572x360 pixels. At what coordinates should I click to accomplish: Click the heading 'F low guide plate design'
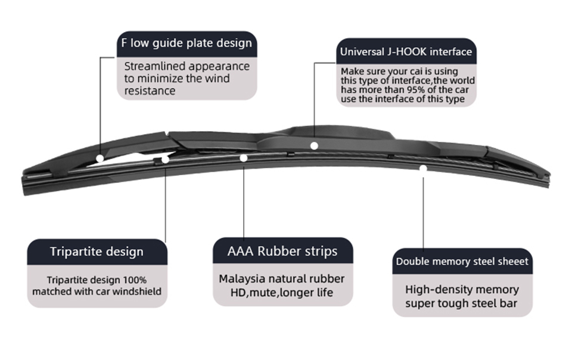point(186,44)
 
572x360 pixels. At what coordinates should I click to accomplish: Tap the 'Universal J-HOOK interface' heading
point(406,52)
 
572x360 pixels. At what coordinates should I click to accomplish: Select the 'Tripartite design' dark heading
point(97,252)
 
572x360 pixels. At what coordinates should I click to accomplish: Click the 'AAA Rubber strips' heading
point(282,251)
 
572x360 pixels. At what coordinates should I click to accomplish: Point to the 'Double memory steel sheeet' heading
point(462,261)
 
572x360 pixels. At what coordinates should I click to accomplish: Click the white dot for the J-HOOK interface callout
point(314,145)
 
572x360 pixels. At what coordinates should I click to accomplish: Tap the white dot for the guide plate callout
point(100,158)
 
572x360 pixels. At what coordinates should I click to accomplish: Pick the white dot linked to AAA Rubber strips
point(243,158)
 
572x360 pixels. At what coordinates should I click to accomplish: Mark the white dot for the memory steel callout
point(423,168)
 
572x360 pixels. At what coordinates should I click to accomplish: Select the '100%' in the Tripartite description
point(135,280)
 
